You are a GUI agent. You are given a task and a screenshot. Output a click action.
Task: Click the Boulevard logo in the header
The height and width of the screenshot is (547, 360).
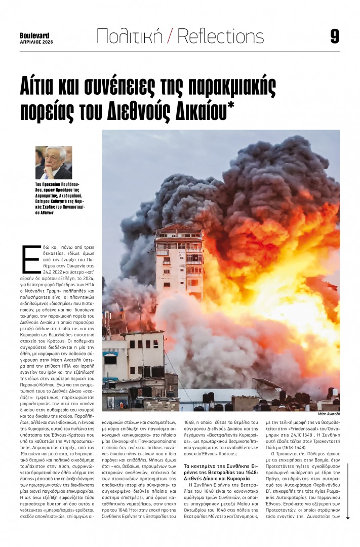[x=35, y=35]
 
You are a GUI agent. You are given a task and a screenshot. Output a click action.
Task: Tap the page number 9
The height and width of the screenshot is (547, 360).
[x=334, y=36]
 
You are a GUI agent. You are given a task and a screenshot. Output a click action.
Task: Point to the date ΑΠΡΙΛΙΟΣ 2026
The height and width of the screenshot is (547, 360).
[x=35, y=42]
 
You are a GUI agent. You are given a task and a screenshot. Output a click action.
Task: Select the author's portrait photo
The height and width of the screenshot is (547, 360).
[x=54, y=162]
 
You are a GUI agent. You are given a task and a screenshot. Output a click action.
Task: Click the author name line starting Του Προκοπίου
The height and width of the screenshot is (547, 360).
[x=54, y=185]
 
